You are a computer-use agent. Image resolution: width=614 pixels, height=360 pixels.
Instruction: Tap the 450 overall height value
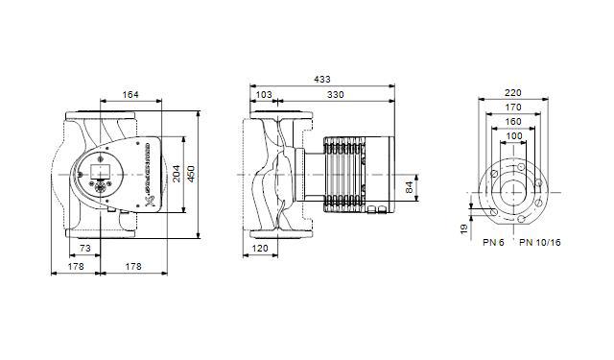pos(190,174)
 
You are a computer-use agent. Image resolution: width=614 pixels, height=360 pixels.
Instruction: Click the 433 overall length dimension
pos(323,80)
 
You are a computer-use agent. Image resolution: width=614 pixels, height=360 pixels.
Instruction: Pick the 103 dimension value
pos(264,94)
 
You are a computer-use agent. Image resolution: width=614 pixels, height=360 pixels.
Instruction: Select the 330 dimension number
pos(337,94)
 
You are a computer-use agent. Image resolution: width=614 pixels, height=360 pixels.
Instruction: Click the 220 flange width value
pos(514,94)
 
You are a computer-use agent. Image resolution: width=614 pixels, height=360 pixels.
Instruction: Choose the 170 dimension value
pos(514,108)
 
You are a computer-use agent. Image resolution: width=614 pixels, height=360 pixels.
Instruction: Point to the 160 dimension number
pos(514,122)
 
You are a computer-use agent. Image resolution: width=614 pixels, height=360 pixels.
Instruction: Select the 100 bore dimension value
pos(514,136)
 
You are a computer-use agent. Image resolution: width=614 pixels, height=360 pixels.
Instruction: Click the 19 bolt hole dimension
pos(463,229)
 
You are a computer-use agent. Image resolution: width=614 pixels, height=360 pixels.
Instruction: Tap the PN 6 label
pos(493,243)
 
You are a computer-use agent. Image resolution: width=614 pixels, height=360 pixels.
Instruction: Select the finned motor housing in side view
pos(345,174)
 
